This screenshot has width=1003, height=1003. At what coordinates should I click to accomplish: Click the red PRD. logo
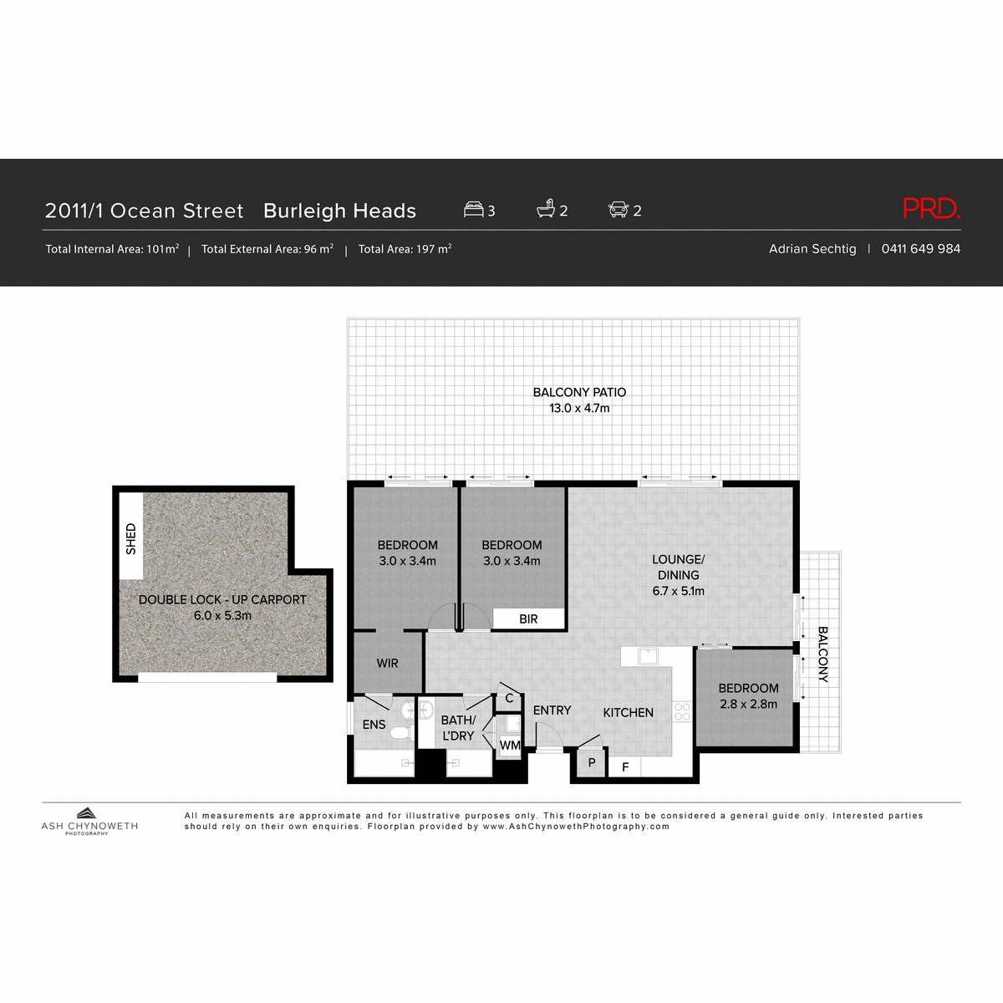(931, 209)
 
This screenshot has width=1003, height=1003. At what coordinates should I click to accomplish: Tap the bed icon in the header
(474, 210)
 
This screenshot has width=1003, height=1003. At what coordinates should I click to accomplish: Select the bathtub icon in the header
(546, 209)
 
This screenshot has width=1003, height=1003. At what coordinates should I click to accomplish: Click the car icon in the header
(618, 210)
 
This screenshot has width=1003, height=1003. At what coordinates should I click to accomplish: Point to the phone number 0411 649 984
(920, 249)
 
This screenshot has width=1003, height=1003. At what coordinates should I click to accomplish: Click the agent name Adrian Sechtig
(812, 249)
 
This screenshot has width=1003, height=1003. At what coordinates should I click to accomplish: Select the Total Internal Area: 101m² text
(112, 249)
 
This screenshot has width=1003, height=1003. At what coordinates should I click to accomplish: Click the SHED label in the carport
(131, 538)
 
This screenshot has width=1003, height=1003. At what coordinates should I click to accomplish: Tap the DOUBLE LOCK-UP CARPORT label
(222, 600)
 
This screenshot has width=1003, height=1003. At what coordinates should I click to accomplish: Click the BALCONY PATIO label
(579, 393)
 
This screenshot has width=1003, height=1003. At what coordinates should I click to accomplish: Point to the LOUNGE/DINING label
(678, 568)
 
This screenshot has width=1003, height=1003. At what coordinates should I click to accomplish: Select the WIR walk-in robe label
(387, 664)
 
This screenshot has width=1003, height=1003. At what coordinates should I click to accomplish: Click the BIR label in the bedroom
(528, 619)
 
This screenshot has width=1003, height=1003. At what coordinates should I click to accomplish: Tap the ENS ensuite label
(374, 725)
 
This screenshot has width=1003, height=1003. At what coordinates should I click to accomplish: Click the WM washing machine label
(509, 745)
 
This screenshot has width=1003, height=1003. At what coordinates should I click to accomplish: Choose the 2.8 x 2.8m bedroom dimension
(748, 705)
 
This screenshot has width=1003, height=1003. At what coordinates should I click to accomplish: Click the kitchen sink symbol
(648, 656)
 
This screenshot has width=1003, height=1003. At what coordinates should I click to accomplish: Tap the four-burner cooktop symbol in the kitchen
(682, 712)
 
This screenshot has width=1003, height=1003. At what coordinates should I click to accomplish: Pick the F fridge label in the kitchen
(625, 766)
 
